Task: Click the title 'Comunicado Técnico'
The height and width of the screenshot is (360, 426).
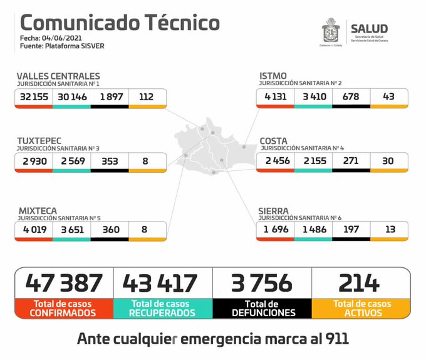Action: [x=120, y=23]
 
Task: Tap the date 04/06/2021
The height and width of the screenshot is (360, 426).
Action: [x=60, y=39]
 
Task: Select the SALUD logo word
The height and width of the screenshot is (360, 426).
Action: [x=369, y=28]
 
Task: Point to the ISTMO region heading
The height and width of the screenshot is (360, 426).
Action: [x=273, y=76]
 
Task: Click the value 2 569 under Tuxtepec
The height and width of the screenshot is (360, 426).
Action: [x=71, y=162]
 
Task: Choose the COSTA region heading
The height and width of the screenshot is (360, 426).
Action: [x=274, y=141]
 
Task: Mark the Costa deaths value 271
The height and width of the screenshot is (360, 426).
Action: [x=351, y=161]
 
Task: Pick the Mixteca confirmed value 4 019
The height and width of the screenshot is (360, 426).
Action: [x=34, y=230]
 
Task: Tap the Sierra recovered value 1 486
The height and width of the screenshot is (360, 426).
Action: [x=313, y=230]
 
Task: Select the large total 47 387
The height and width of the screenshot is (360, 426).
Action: [x=64, y=283]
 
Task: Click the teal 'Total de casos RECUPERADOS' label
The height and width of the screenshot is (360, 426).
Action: [x=162, y=307]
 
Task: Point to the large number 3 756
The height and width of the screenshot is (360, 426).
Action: [x=262, y=283]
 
